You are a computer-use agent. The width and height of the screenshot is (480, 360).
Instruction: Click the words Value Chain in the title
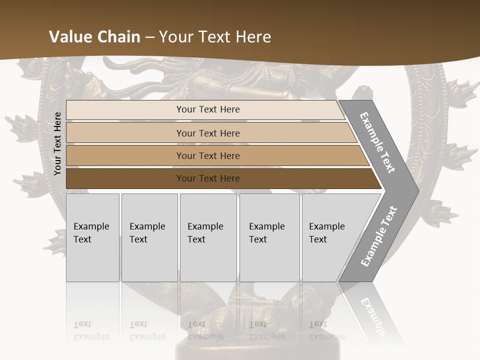point(94,37)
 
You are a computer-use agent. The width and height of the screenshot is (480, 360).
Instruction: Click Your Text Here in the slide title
point(215,37)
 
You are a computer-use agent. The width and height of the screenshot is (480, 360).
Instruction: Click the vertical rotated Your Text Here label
point(57,143)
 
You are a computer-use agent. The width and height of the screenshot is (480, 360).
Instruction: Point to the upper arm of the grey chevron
point(377,143)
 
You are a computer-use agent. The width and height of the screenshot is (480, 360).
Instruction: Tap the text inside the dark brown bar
point(208,178)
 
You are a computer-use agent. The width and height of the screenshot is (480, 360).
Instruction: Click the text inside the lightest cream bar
point(208,109)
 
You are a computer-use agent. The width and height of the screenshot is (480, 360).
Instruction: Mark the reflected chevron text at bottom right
point(372,315)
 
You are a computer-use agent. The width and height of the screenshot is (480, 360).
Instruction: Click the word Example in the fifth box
point(326,226)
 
